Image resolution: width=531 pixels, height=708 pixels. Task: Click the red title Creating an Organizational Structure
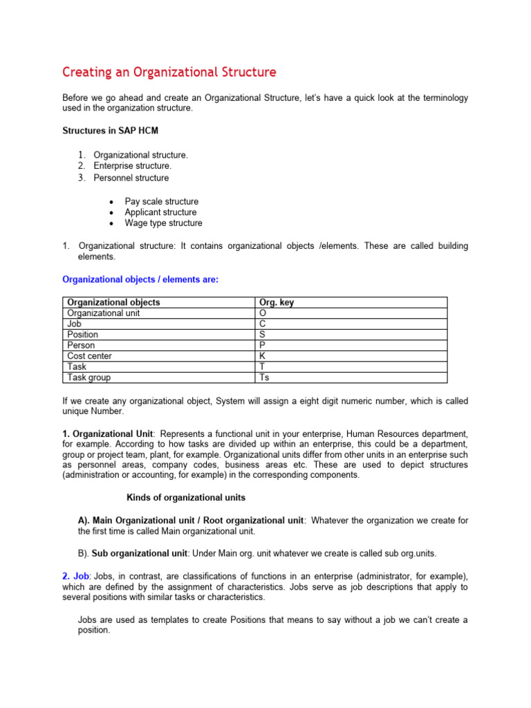pyautogui.click(x=169, y=72)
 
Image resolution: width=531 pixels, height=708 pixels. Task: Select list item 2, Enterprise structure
pyautogui.click(x=132, y=166)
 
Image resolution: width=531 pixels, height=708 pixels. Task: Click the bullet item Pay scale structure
pyautogui.click(x=161, y=201)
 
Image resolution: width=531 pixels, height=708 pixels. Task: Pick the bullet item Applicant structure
pyautogui.click(x=160, y=212)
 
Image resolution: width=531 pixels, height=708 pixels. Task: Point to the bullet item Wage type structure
pyautogui.click(x=163, y=223)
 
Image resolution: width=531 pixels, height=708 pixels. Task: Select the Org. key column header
pyautogui.click(x=276, y=302)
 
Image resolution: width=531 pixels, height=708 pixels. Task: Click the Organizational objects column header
pyautogui.click(x=113, y=302)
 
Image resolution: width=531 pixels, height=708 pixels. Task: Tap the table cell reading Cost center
pyautogui.click(x=89, y=356)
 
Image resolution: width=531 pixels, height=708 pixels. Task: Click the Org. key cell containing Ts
pyautogui.click(x=263, y=378)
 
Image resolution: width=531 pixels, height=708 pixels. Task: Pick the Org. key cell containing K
pyautogui.click(x=262, y=356)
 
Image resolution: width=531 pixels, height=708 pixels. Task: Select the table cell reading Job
pyautogui.click(x=74, y=324)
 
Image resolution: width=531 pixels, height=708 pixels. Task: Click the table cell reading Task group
pyautogui.click(x=88, y=378)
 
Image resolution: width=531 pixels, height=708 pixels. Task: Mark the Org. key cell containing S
pyautogui.click(x=262, y=335)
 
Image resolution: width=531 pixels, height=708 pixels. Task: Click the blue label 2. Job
pyautogui.click(x=76, y=576)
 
